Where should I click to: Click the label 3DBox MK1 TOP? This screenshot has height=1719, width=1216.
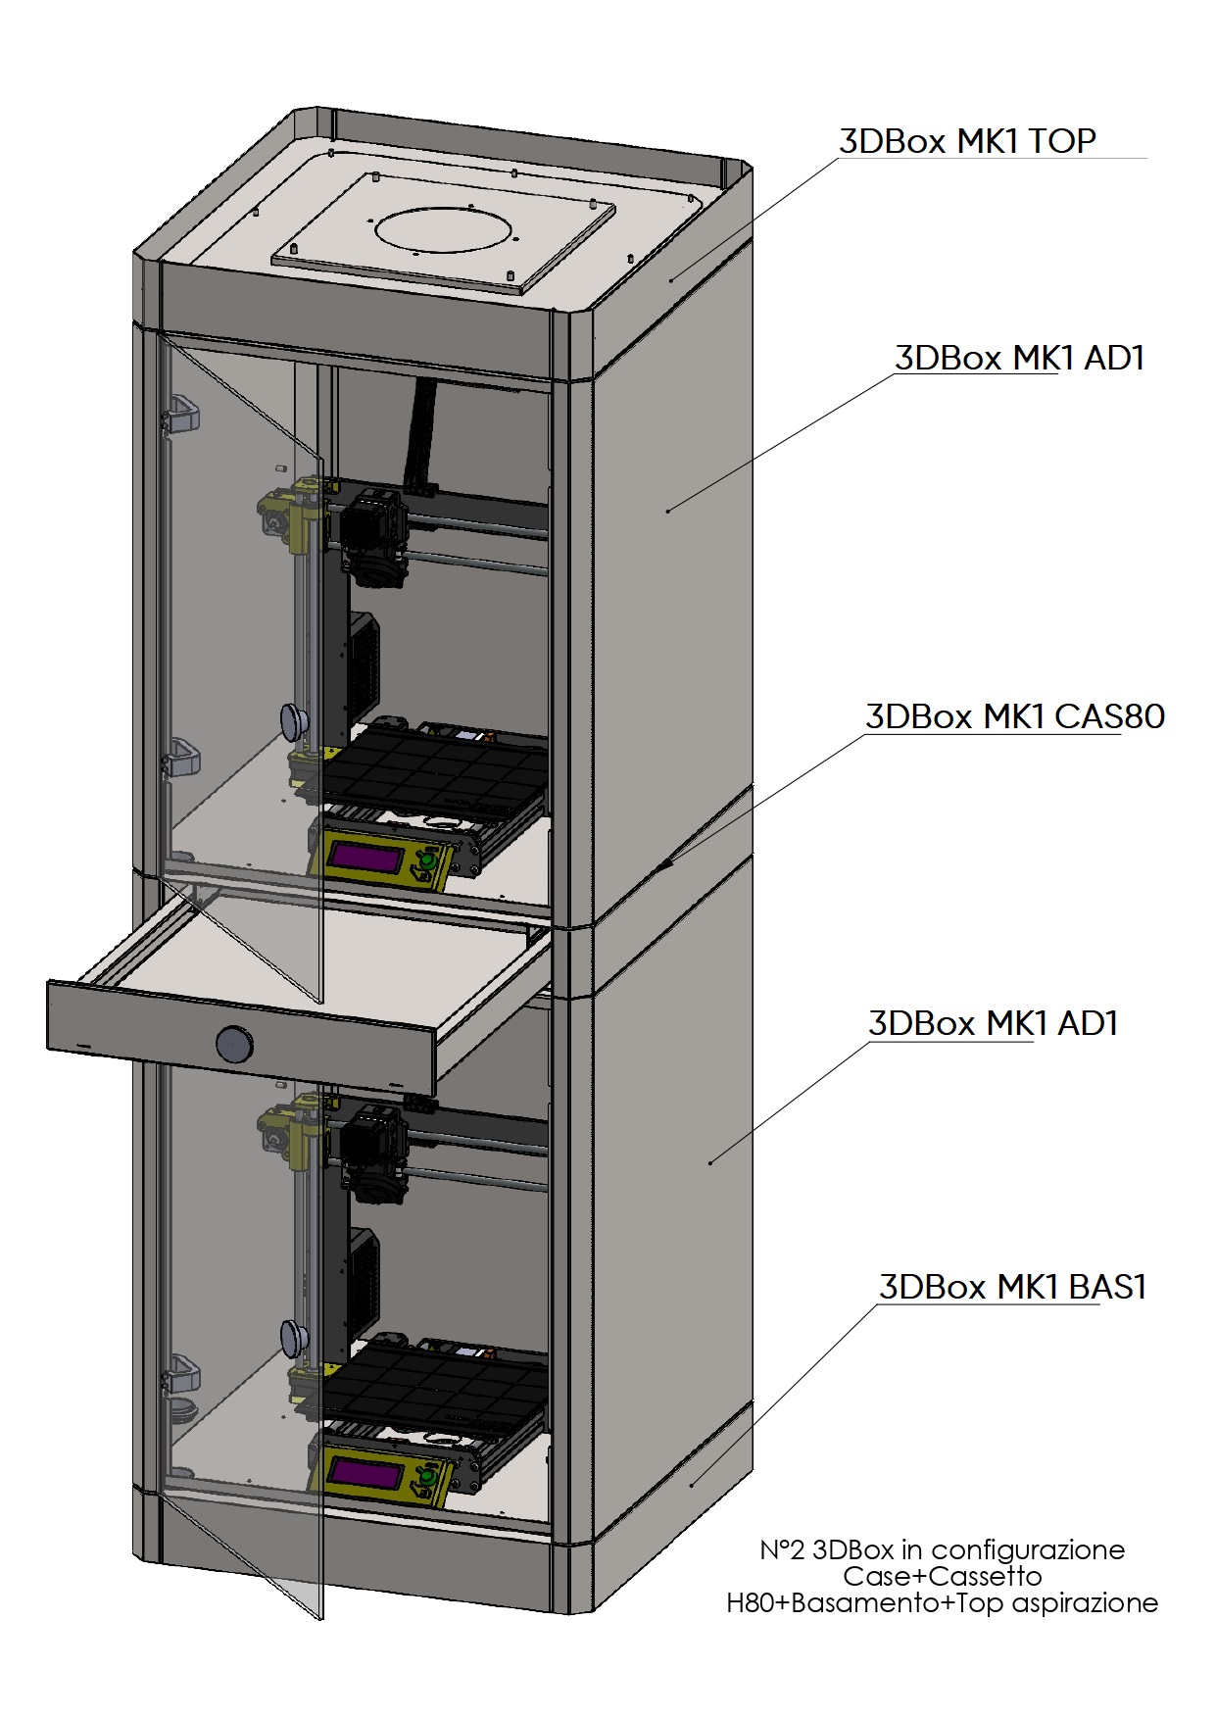pos(966,141)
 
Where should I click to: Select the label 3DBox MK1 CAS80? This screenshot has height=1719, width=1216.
pos(1014,716)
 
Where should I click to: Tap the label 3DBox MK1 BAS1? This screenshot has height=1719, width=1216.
pos(1012,1287)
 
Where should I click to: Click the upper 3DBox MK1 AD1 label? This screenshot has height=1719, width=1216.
pos(1019,359)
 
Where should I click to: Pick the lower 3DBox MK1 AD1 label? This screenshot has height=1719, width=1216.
pos(993,1024)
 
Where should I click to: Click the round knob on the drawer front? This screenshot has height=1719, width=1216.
pos(234,1043)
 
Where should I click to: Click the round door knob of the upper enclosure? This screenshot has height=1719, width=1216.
pos(294,720)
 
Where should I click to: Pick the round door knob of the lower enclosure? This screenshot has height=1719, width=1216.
pos(294,1336)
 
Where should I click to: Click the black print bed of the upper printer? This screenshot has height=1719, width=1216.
pos(431,769)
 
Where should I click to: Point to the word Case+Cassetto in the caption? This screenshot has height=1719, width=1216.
pos(942,1576)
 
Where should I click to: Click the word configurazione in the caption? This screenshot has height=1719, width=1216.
pos(1027,1550)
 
